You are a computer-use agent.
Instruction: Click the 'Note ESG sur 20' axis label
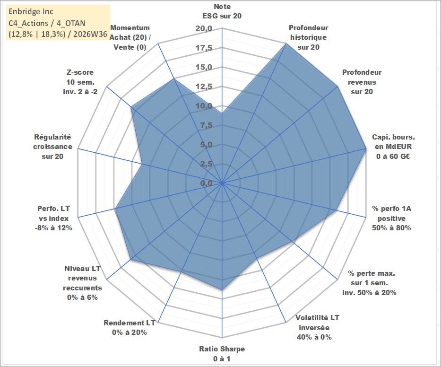[222, 11]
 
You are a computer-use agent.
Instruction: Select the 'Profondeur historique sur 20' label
[308, 37]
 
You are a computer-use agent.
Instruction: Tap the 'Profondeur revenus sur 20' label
[362, 82]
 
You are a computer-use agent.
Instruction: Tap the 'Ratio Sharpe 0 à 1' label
[222, 354]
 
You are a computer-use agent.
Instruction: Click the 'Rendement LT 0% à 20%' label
[130, 328]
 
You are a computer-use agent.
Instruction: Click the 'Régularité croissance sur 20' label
[52, 147]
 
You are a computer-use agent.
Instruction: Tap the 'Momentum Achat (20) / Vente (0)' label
[130, 37]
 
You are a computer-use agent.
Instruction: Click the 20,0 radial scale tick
[204, 28]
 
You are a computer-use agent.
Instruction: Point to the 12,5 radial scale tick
[204, 87]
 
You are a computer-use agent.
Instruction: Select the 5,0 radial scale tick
[206, 144]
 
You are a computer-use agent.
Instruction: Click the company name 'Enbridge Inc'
[31, 11]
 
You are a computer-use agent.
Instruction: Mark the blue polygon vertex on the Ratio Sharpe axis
[222, 289]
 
